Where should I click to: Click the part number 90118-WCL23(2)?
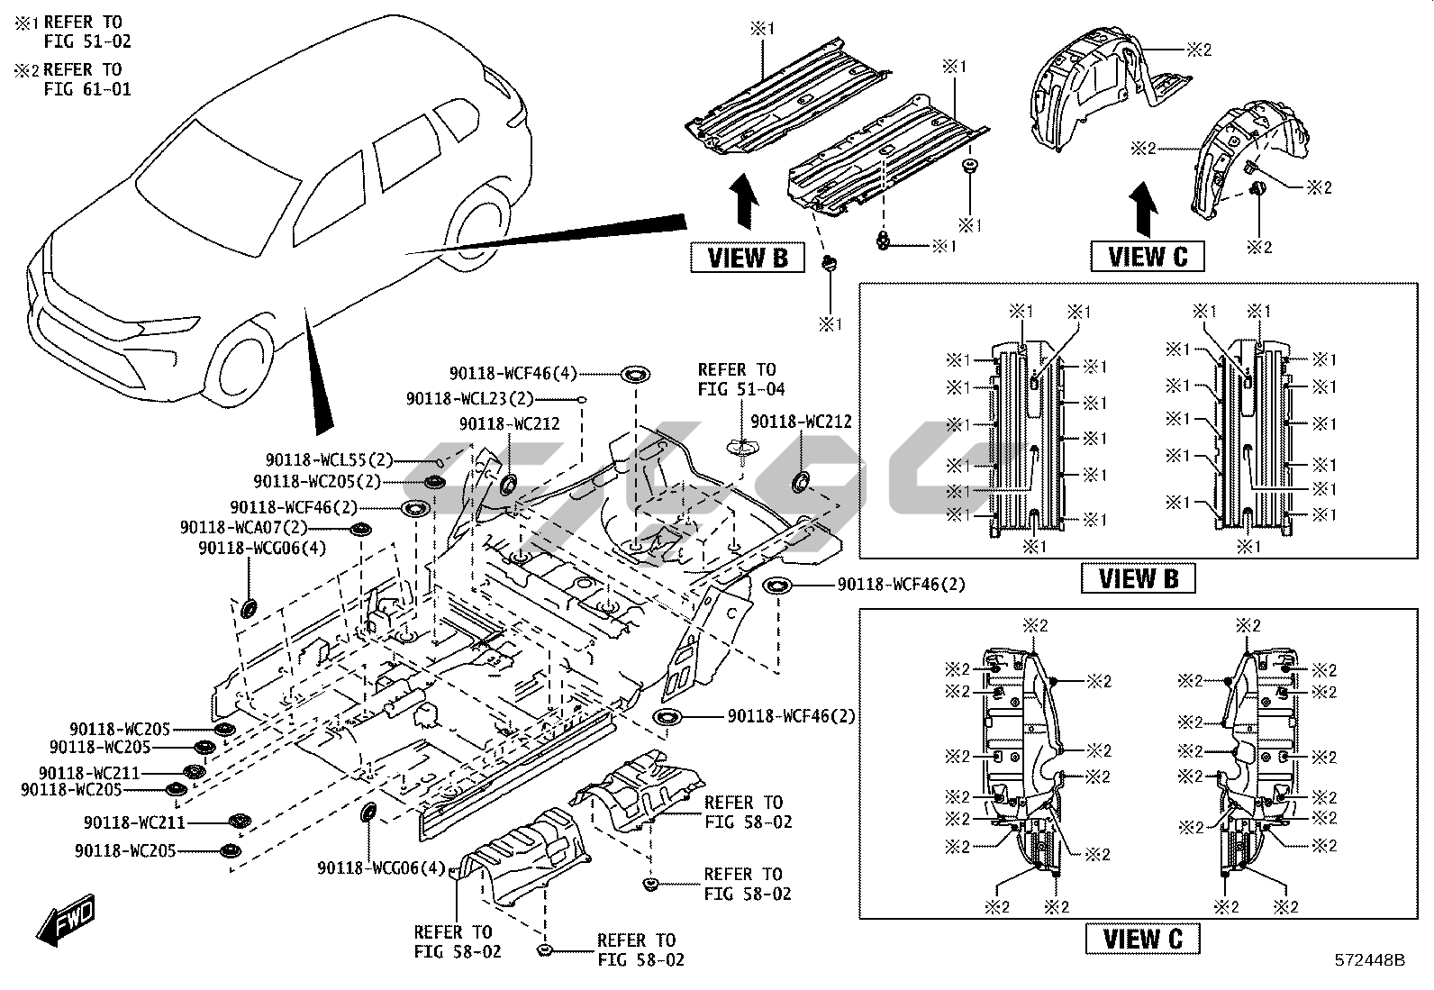coord(469,399)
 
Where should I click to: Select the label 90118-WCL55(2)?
coord(330,460)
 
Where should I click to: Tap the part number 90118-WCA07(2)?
coord(244,528)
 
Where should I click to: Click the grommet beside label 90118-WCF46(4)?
coord(633,373)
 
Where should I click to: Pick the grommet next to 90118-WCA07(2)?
coord(361,530)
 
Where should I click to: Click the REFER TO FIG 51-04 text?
coord(741,379)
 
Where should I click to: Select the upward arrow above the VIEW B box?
coord(743,204)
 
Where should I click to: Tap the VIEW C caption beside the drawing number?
coord(1142,939)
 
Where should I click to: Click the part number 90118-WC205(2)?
coord(318,482)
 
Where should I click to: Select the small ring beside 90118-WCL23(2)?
coord(584,398)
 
